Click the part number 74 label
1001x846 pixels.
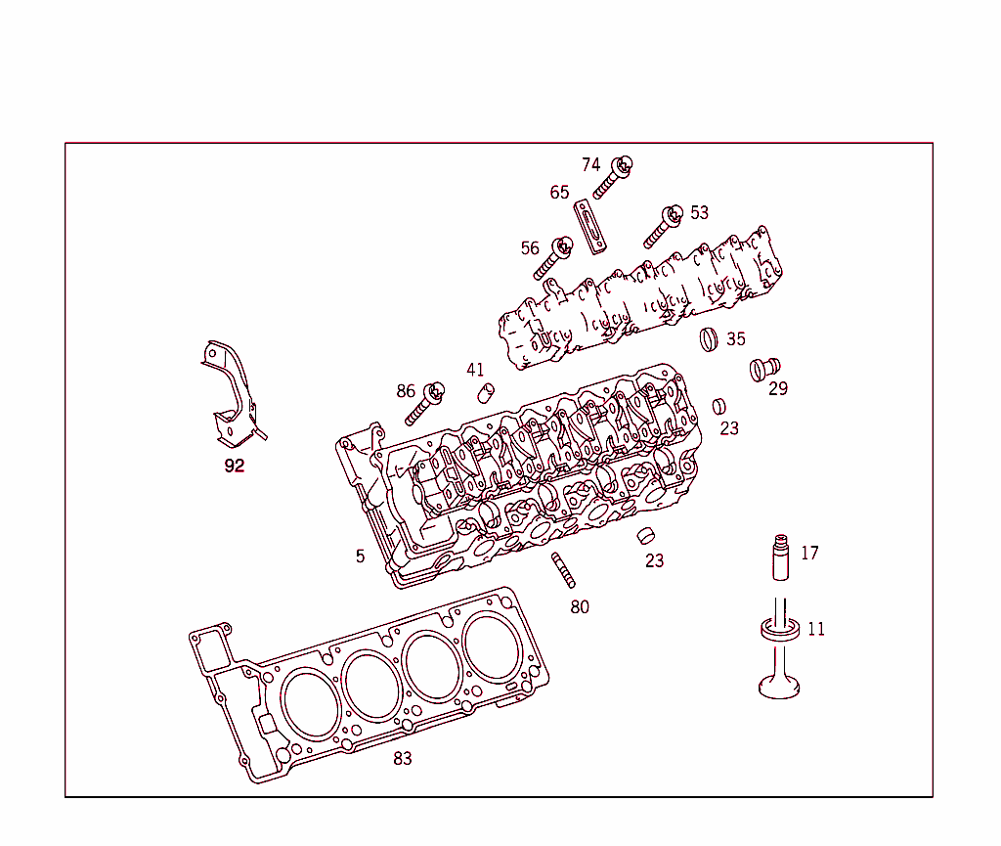coord(590,165)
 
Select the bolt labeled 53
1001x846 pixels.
coord(662,227)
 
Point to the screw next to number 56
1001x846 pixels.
coord(553,258)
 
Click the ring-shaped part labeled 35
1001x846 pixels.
coord(710,339)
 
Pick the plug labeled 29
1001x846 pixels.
coord(763,369)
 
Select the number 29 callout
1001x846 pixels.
coord(777,389)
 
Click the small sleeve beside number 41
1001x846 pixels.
coord(483,394)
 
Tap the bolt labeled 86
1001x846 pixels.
coord(423,403)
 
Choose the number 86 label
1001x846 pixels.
coord(406,392)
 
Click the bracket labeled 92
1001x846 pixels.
coord(231,396)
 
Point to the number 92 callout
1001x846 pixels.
coord(235,467)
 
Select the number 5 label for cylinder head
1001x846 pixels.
coord(360,557)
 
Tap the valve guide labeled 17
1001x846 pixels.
coord(781,558)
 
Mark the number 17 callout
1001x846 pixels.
coord(809,554)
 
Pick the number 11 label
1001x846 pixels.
coord(815,630)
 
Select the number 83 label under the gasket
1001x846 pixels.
coord(403,759)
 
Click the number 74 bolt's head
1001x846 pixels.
coord(622,165)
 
